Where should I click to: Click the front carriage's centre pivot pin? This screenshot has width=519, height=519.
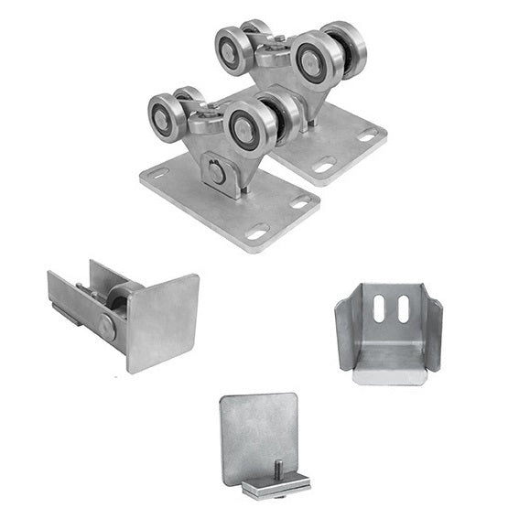[x=216, y=170]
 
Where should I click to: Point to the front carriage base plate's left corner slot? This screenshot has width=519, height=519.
[x=158, y=173]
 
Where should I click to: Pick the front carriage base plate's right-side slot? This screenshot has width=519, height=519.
[x=299, y=202]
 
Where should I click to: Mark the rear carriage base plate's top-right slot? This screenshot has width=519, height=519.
[x=368, y=135]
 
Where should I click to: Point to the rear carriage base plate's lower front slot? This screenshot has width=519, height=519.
[x=325, y=167]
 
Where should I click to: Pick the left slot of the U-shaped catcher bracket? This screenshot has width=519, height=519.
[x=380, y=308]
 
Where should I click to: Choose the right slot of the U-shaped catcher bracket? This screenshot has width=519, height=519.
[x=404, y=309]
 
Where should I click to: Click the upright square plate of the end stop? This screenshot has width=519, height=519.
[x=258, y=436]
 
